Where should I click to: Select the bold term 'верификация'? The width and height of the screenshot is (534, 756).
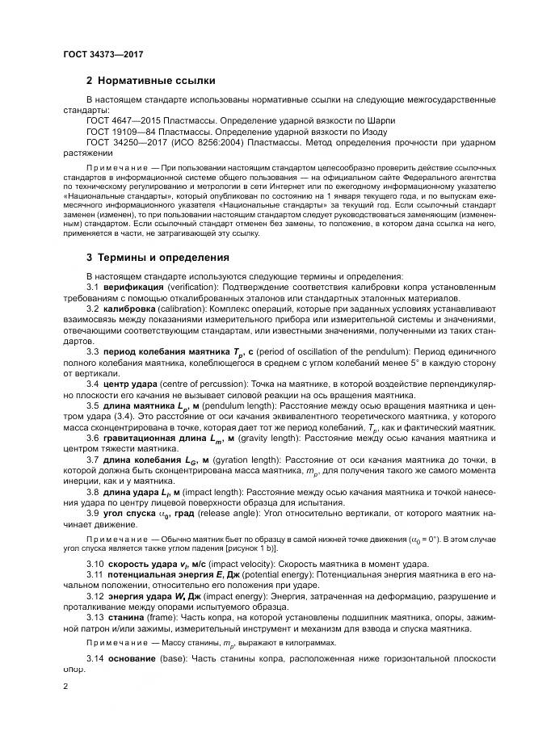[133, 287]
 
